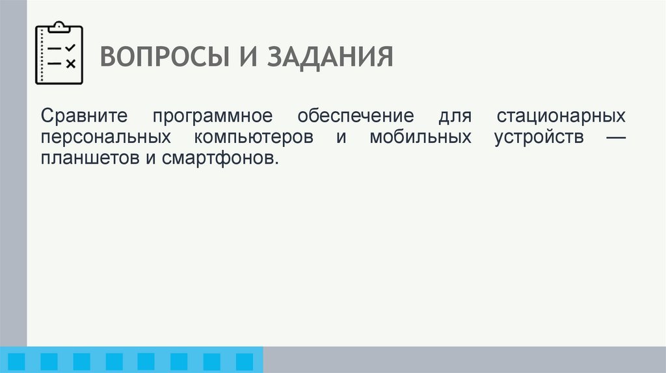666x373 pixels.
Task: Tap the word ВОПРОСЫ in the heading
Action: point(162,57)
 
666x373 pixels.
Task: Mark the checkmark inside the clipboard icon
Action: point(70,47)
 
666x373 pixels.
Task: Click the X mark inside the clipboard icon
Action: point(70,63)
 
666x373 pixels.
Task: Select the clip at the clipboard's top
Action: point(59,27)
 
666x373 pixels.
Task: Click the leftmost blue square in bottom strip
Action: point(16,361)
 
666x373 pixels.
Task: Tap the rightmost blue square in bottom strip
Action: point(244,361)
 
